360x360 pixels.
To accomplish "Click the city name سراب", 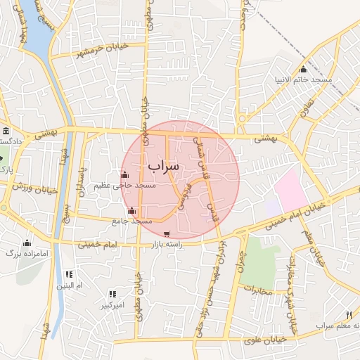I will click(164, 166).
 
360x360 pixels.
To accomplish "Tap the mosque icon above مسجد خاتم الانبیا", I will click(304, 69).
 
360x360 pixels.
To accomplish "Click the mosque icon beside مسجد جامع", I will click(132, 210).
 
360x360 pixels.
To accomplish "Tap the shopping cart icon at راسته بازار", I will click(166, 234).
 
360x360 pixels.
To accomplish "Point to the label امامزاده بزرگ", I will click(26, 252).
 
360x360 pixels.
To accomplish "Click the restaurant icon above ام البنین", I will click(69, 274).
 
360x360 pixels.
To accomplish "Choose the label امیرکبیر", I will click(112, 304).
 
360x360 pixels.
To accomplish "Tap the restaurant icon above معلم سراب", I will click(349, 314).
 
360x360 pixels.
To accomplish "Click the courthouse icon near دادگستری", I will click(6, 131).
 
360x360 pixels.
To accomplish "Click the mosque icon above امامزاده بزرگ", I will click(27, 243).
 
